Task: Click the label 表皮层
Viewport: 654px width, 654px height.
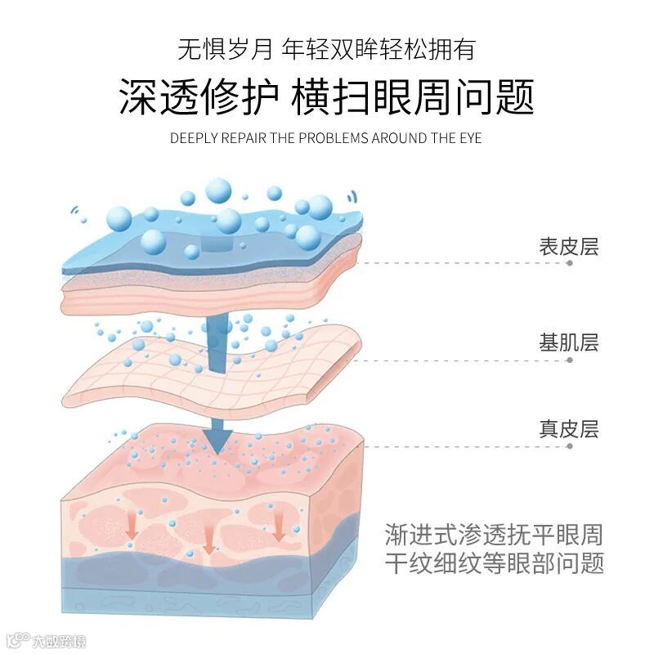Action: point(568,246)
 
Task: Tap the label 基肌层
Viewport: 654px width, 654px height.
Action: point(568,343)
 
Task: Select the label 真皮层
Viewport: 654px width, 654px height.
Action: point(568,428)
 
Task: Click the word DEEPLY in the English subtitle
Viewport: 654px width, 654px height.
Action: point(194,137)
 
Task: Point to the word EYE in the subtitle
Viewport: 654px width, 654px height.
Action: point(469,137)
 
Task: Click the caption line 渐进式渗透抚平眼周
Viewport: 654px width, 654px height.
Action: point(494,535)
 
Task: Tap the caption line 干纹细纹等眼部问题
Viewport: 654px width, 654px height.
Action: point(494,563)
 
